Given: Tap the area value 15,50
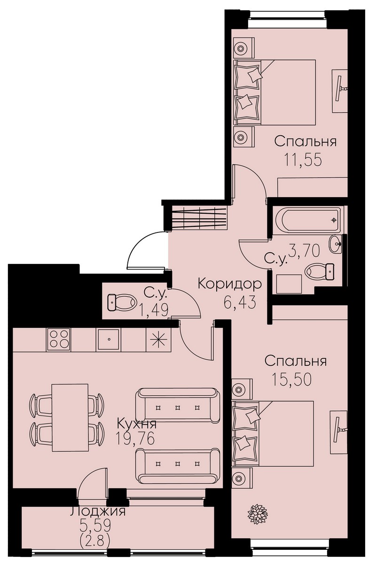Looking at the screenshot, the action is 291,379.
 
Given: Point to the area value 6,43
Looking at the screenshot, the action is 240,302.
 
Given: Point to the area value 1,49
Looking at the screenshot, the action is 154,310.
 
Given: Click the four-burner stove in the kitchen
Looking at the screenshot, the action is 59,340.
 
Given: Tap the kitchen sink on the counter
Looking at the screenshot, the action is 109,340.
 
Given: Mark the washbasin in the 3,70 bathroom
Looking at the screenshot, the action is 336,244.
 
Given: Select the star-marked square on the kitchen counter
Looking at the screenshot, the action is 158,340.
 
